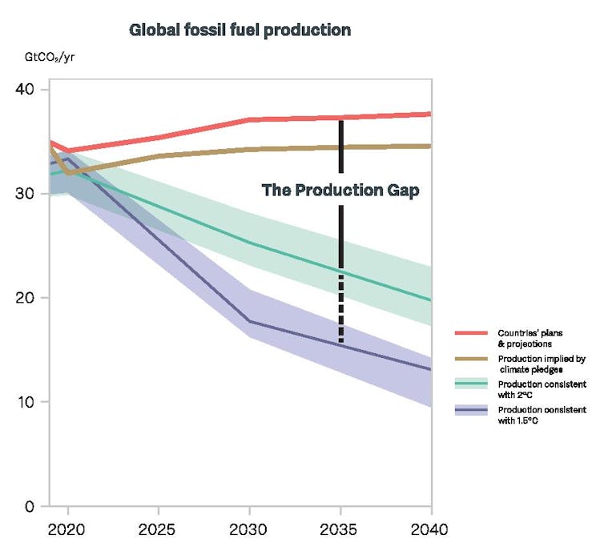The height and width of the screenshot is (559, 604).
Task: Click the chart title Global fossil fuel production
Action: (240, 30)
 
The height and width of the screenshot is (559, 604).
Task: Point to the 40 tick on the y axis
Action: (26, 90)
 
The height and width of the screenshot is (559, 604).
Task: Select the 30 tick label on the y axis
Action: (26, 194)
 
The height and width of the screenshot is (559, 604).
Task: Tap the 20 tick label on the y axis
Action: (26, 298)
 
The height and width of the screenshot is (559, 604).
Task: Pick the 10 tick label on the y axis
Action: (26, 402)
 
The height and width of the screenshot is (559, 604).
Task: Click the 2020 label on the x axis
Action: (67, 529)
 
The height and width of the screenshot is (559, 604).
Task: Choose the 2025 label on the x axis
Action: (159, 529)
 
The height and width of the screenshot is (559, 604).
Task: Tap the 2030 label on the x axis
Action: (249, 529)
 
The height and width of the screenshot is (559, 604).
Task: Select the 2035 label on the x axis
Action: (340, 529)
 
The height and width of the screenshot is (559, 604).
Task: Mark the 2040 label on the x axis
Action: (431, 529)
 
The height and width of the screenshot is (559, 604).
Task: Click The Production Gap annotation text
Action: (340, 191)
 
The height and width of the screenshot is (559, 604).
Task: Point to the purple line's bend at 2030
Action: (249, 322)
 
